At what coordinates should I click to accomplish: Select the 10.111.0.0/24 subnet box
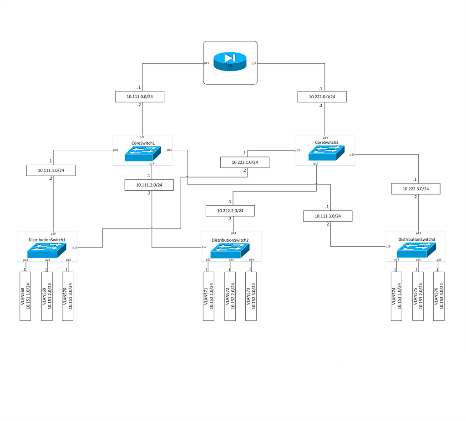[x=139, y=96]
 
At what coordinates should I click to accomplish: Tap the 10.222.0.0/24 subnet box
[x=322, y=96]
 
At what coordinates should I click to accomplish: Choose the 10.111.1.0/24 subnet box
[x=51, y=170]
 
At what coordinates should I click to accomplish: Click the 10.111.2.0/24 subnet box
[x=149, y=185]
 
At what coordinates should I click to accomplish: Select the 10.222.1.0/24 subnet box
[x=245, y=162]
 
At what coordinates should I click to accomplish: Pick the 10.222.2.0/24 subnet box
[x=230, y=210]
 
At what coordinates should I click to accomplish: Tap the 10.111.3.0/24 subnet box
[x=328, y=216]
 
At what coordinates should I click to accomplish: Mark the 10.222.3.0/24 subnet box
[x=415, y=188]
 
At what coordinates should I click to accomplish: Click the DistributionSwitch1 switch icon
[x=47, y=250]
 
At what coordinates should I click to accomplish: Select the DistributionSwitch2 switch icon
[x=230, y=250]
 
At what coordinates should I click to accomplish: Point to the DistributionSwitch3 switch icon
[x=415, y=250]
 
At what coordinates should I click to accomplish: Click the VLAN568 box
[x=25, y=296]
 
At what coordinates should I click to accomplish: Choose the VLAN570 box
[x=68, y=296]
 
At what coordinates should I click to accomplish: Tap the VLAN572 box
[x=230, y=296]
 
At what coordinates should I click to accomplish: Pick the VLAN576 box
[x=439, y=296]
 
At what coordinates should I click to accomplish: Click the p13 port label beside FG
[x=206, y=63]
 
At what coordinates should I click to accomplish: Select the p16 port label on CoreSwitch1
[x=169, y=150]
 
